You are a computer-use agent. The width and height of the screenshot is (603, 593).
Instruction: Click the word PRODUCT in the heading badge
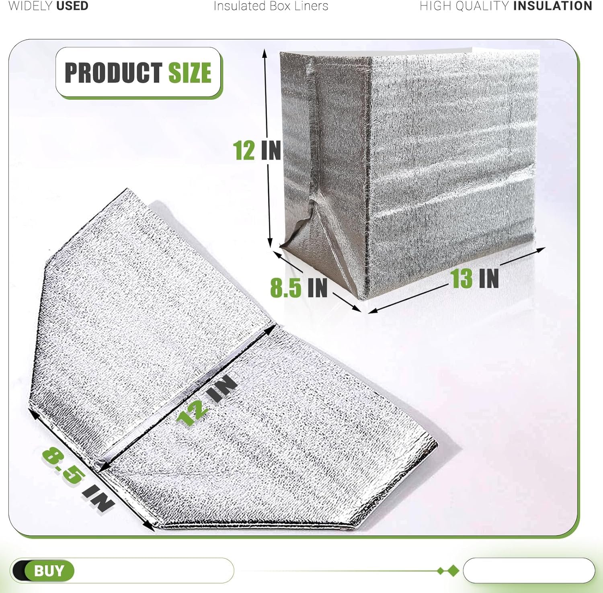coord(113,73)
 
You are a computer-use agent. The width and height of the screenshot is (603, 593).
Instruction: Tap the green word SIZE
coord(190,73)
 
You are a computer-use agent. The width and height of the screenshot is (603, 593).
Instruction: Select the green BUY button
coord(49,570)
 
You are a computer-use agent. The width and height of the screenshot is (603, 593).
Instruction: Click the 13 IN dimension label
coord(474,279)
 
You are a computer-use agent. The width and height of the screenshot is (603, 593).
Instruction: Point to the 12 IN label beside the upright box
coord(257,150)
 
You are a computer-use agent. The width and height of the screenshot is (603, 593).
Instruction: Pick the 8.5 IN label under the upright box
coord(299,288)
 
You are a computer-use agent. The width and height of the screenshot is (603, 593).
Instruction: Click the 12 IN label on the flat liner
coord(207,400)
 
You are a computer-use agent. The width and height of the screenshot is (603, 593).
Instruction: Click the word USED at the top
coord(72,6)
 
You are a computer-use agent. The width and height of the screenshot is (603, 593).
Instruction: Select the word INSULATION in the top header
coord(553,6)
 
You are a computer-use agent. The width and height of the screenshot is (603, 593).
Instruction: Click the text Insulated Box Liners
coord(271,6)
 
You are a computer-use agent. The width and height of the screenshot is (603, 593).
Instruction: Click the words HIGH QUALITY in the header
coord(465,6)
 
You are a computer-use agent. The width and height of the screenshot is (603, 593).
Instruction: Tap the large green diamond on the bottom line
coord(453,570)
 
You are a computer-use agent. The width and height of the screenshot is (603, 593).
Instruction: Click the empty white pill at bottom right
coord(529,570)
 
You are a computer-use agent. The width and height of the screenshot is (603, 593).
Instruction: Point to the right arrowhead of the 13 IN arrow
coord(541,250)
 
